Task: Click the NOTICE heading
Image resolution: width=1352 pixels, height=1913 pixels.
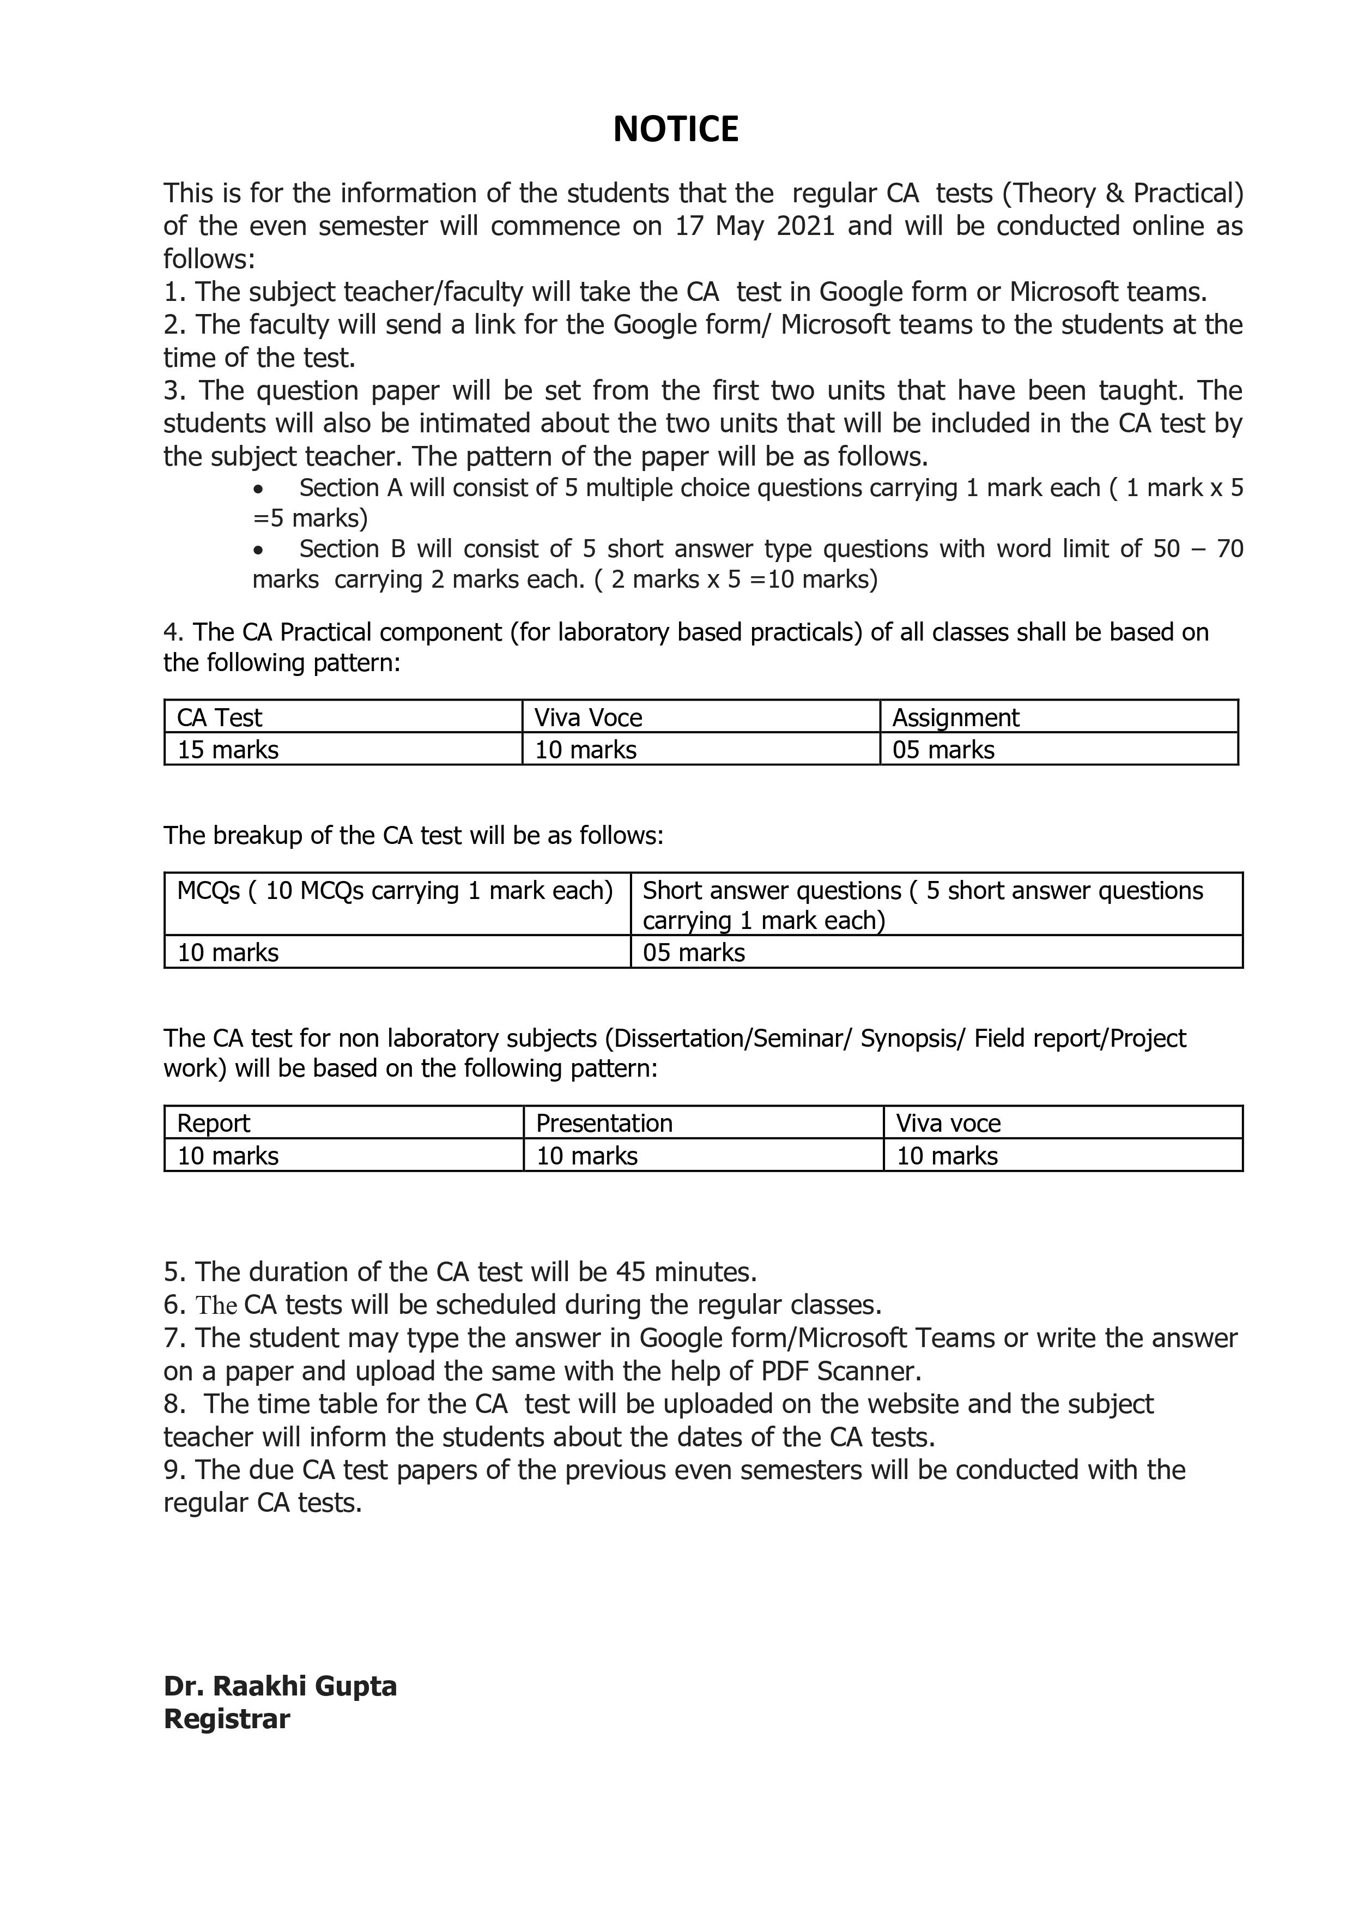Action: tap(676, 130)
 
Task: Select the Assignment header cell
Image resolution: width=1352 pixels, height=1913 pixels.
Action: tap(955, 717)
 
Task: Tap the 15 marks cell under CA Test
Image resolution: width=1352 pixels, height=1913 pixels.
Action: tap(227, 750)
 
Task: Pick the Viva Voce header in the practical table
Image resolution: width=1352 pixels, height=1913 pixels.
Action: tap(588, 717)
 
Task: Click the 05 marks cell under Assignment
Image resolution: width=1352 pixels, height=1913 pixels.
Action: tap(943, 750)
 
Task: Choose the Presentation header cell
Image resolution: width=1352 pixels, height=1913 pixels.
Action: tap(604, 1123)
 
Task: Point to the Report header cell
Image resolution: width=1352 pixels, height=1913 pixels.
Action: tap(213, 1123)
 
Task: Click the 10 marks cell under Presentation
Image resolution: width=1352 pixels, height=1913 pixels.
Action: tap(586, 1156)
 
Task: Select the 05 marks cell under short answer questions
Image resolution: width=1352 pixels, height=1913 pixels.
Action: tap(694, 952)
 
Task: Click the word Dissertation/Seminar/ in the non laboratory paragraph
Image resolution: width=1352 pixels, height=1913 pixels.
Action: tap(730, 1038)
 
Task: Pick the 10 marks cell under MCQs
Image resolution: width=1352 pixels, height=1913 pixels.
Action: tap(227, 952)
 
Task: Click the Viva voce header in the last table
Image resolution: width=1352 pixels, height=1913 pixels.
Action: tap(948, 1123)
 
